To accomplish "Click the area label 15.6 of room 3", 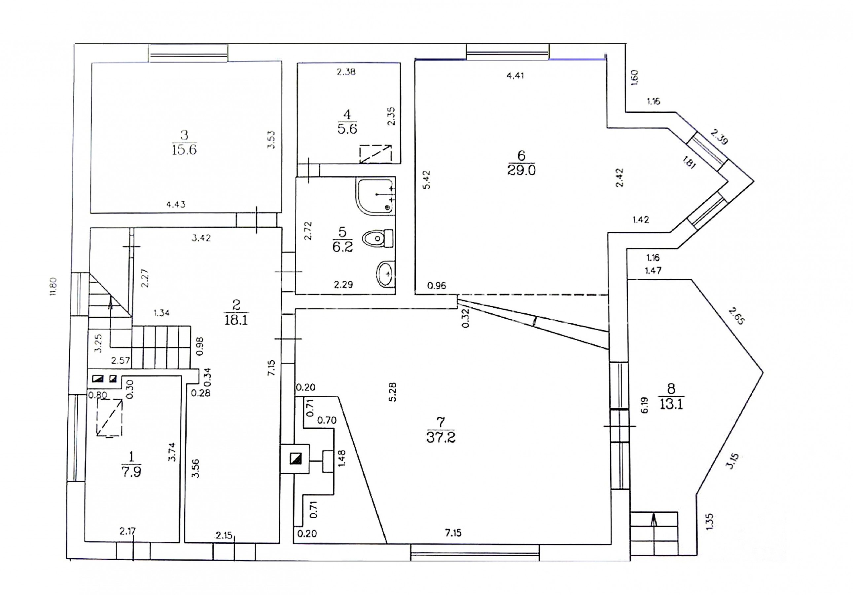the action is (x=184, y=150).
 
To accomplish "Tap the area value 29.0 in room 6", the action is (x=521, y=170).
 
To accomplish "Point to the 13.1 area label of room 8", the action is (x=671, y=404).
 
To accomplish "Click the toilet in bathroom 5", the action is (x=377, y=238).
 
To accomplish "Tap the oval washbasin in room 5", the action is (x=385, y=274).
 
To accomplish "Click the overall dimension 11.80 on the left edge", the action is (x=53, y=287).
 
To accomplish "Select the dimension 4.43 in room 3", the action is (x=176, y=204).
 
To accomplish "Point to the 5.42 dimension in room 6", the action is (x=427, y=179).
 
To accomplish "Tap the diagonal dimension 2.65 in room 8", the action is (x=737, y=316).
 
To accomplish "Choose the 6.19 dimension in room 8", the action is (x=645, y=405).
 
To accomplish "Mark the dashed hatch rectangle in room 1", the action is (x=109, y=417).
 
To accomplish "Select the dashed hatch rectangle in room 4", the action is (x=375, y=154).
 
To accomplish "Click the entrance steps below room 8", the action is (x=654, y=533).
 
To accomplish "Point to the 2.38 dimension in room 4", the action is (x=346, y=72).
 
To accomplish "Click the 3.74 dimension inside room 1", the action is (x=172, y=452).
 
